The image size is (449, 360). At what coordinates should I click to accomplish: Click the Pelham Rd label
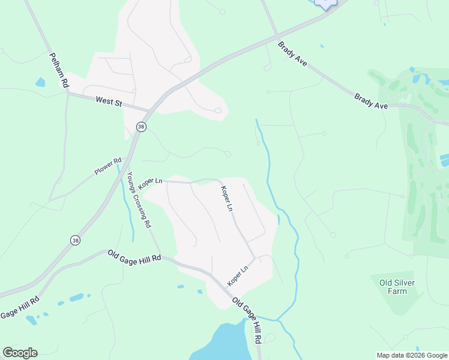click(58, 70)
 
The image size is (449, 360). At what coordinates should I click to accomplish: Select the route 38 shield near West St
click(141, 126)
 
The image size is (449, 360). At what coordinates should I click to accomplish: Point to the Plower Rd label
click(108, 167)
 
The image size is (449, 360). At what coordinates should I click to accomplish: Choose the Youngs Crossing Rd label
click(139, 200)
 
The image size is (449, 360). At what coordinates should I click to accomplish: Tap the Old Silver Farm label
click(397, 287)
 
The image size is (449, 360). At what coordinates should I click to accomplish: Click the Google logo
click(20, 353)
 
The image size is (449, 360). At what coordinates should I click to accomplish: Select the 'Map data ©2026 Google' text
click(411, 355)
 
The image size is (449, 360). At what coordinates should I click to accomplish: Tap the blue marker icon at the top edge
click(325, 4)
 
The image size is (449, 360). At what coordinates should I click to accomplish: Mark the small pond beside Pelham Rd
click(40, 82)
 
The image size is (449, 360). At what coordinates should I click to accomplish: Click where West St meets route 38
click(149, 110)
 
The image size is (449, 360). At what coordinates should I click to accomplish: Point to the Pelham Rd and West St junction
click(68, 93)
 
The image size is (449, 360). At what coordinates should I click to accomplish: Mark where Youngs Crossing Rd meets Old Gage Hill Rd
click(160, 256)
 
